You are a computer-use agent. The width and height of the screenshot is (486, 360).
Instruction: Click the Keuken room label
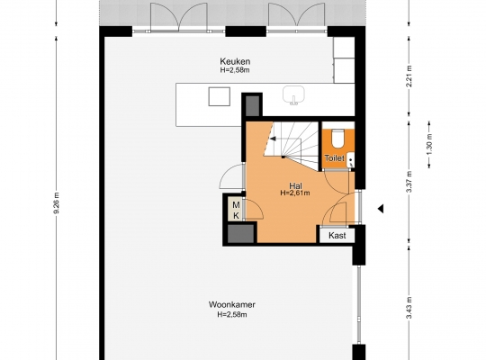pyautogui.click(x=235, y=61)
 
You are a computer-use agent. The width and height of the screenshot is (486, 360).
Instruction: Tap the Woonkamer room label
pyautogui.click(x=232, y=304)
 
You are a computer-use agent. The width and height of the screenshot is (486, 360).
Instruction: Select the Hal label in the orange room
pyautogui.click(x=295, y=185)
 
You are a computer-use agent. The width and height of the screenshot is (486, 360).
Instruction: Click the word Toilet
pyautogui.click(x=334, y=158)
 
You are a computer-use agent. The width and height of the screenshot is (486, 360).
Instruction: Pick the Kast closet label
pyautogui.click(x=337, y=235)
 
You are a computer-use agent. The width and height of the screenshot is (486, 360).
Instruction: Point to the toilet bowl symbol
pyautogui.click(x=337, y=139)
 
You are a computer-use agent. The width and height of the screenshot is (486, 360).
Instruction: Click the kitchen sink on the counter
pyautogui.click(x=293, y=94)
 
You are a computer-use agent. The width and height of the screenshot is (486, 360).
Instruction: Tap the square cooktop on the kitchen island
pyautogui.click(x=219, y=96)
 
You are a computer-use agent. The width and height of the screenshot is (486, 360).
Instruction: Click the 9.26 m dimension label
pyautogui.click(x=57, y=202)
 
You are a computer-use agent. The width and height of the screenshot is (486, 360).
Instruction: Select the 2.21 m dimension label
pyautogui.click(x=409, y=76)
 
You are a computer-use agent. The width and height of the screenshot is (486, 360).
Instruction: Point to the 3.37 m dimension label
pyautogui.click(x=409, y=182)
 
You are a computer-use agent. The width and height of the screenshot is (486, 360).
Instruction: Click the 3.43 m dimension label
pyautogui.click(x=409, y=308)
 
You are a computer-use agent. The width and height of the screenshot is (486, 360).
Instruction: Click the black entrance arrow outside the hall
pyautogui.click(x=381, y=209)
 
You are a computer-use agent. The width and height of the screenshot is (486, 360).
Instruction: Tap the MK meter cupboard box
pyautogui.click(x=236, y=210)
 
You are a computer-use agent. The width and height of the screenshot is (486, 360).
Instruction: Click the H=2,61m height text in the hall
pyautogui.click(x=295, y=193)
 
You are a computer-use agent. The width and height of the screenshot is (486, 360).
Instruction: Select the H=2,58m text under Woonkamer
pyautogui.click(x=232, y=315)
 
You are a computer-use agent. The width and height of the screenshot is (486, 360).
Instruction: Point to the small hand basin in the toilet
pyautogui.click(x=351, y=160)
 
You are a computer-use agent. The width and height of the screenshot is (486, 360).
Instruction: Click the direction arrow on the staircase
pyautogui.click(x=273, y=139)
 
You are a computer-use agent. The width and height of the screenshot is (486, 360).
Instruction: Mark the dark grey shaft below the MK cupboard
pyautogui.click(x=240, y=233)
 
